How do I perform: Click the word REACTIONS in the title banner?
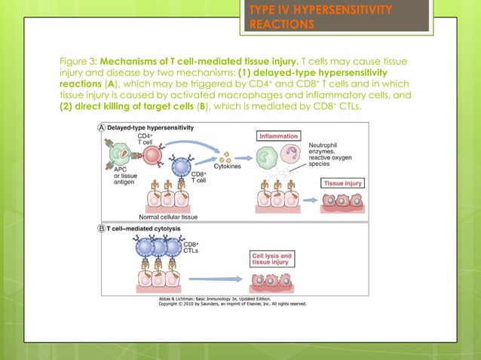click(281, 24)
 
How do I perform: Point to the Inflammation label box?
click(278, 137)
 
